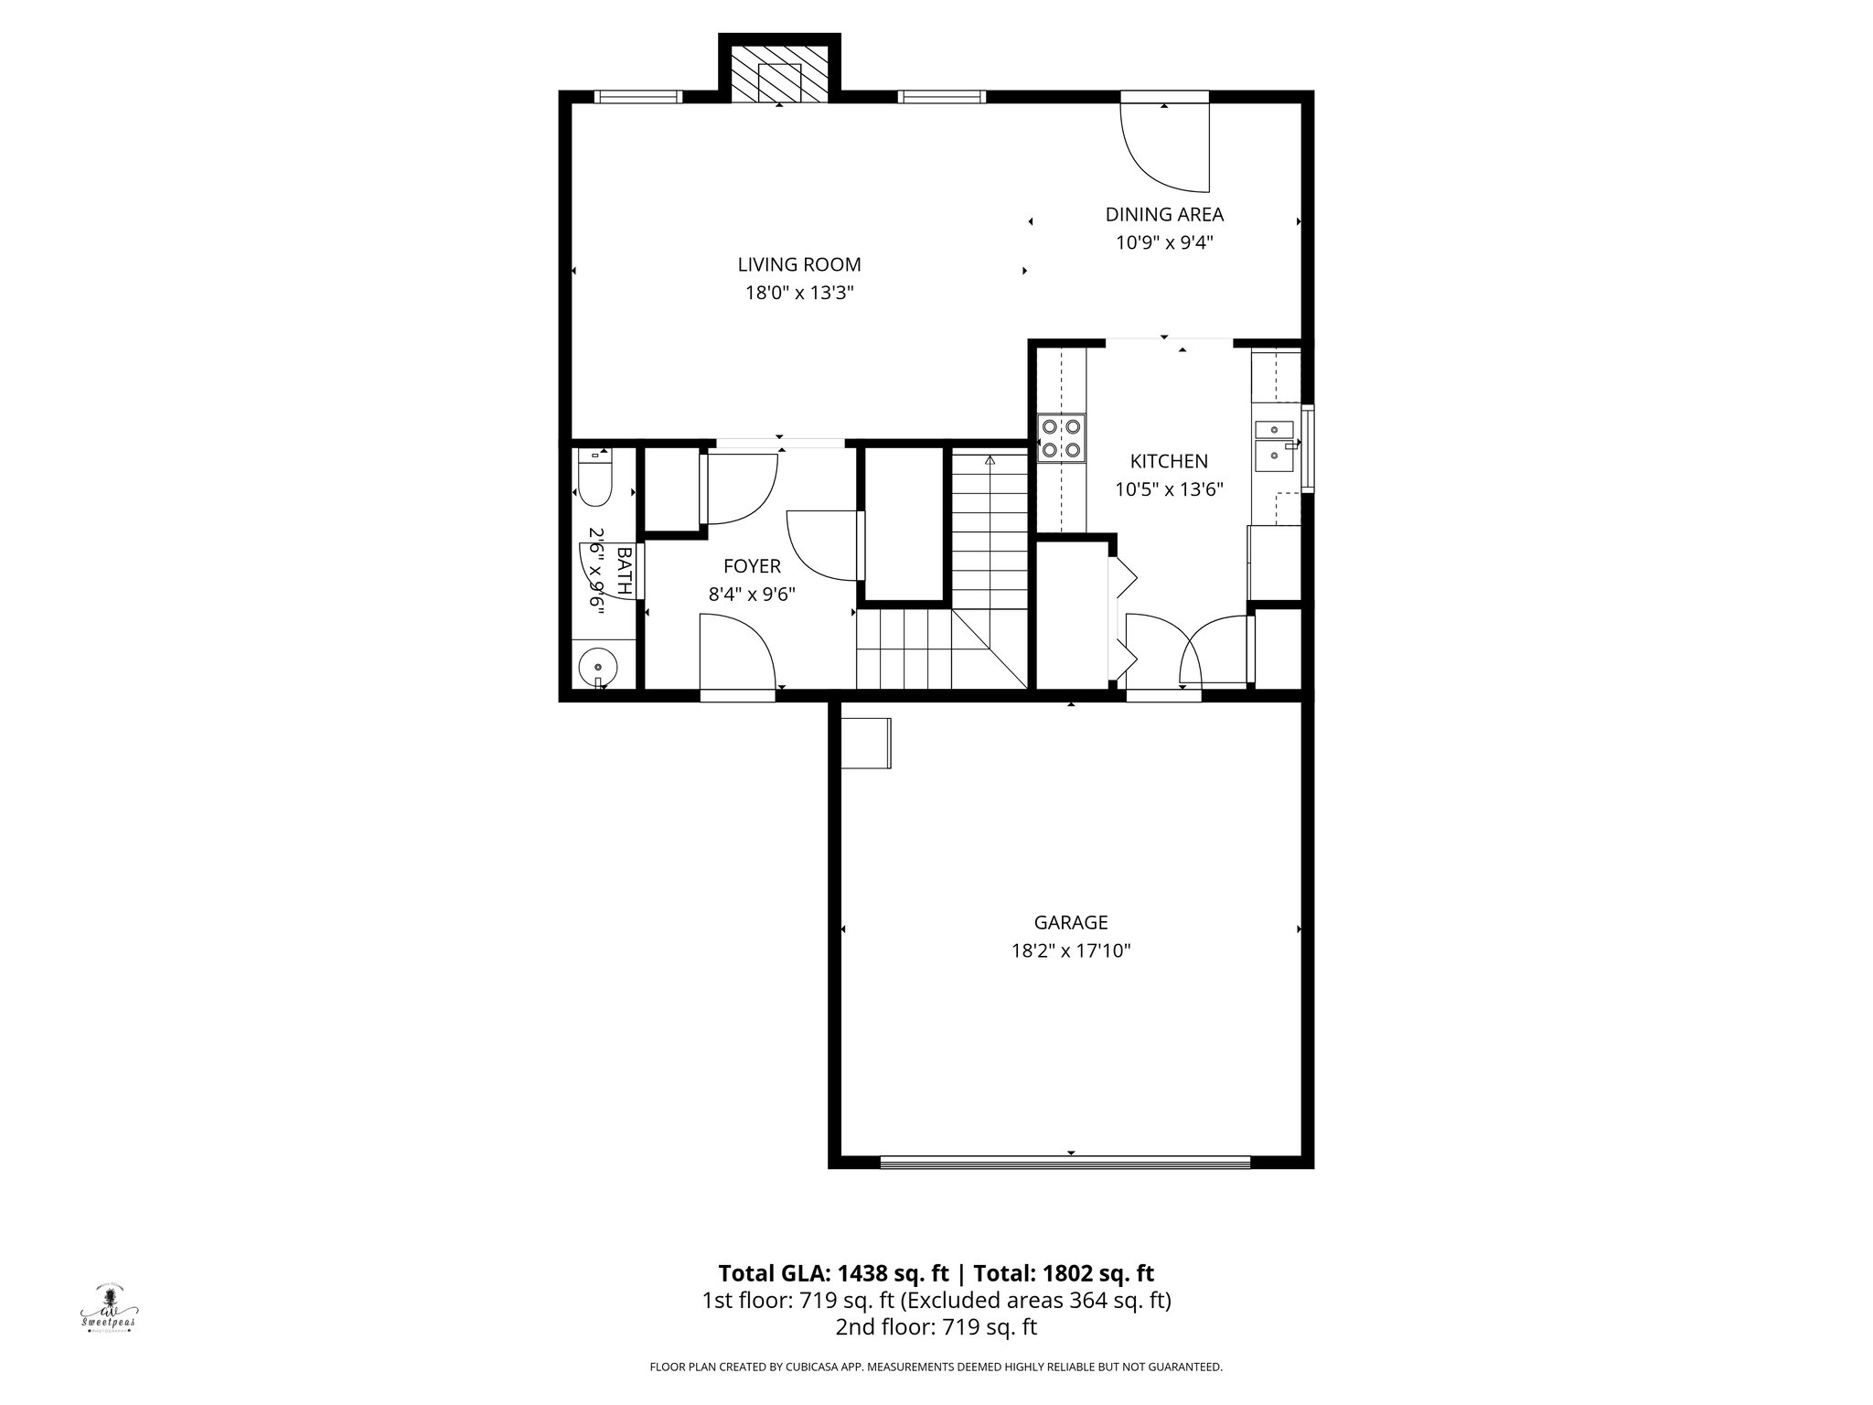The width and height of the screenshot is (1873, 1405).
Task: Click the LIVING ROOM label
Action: click(x=799, y=265)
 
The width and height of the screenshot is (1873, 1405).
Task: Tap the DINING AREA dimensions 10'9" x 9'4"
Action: click(x=1164, y=243)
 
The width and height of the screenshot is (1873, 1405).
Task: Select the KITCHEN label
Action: click(x=1168, y=462)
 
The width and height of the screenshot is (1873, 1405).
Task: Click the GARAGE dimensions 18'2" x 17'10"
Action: click(x=1070, y=951)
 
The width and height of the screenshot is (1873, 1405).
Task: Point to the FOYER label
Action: click(x=752, y=566)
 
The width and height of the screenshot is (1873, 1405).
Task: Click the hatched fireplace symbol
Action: click(x=779, y=80)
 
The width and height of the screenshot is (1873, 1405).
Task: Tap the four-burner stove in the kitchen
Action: click(x=1061, y=437)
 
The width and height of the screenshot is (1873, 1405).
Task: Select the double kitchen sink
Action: click(x=1276, y=444)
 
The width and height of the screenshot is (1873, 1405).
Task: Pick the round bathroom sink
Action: click(x=598, y=667)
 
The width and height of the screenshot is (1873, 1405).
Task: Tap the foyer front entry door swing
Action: click(x=737, y=651)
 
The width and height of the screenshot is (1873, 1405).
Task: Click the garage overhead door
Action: click(x=1065, y=1163)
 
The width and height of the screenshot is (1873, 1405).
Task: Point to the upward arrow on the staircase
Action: click(x=990, y=461)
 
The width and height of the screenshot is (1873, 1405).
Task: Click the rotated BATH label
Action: click(x=625, y=571)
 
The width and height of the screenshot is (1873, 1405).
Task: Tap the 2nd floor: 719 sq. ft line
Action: click(x=936, y=1327)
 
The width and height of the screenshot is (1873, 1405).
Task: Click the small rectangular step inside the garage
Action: click(x=865, y=743)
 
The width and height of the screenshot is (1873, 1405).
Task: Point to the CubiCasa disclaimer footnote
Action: click(x=936, y=1367)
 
